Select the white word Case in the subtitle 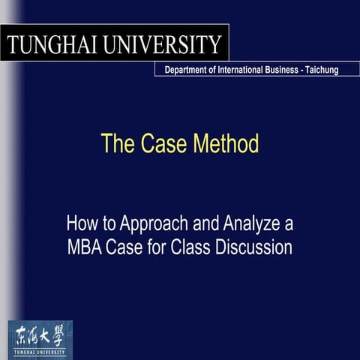[x=122, y=247]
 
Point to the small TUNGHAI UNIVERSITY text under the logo [x=40, y=350]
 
